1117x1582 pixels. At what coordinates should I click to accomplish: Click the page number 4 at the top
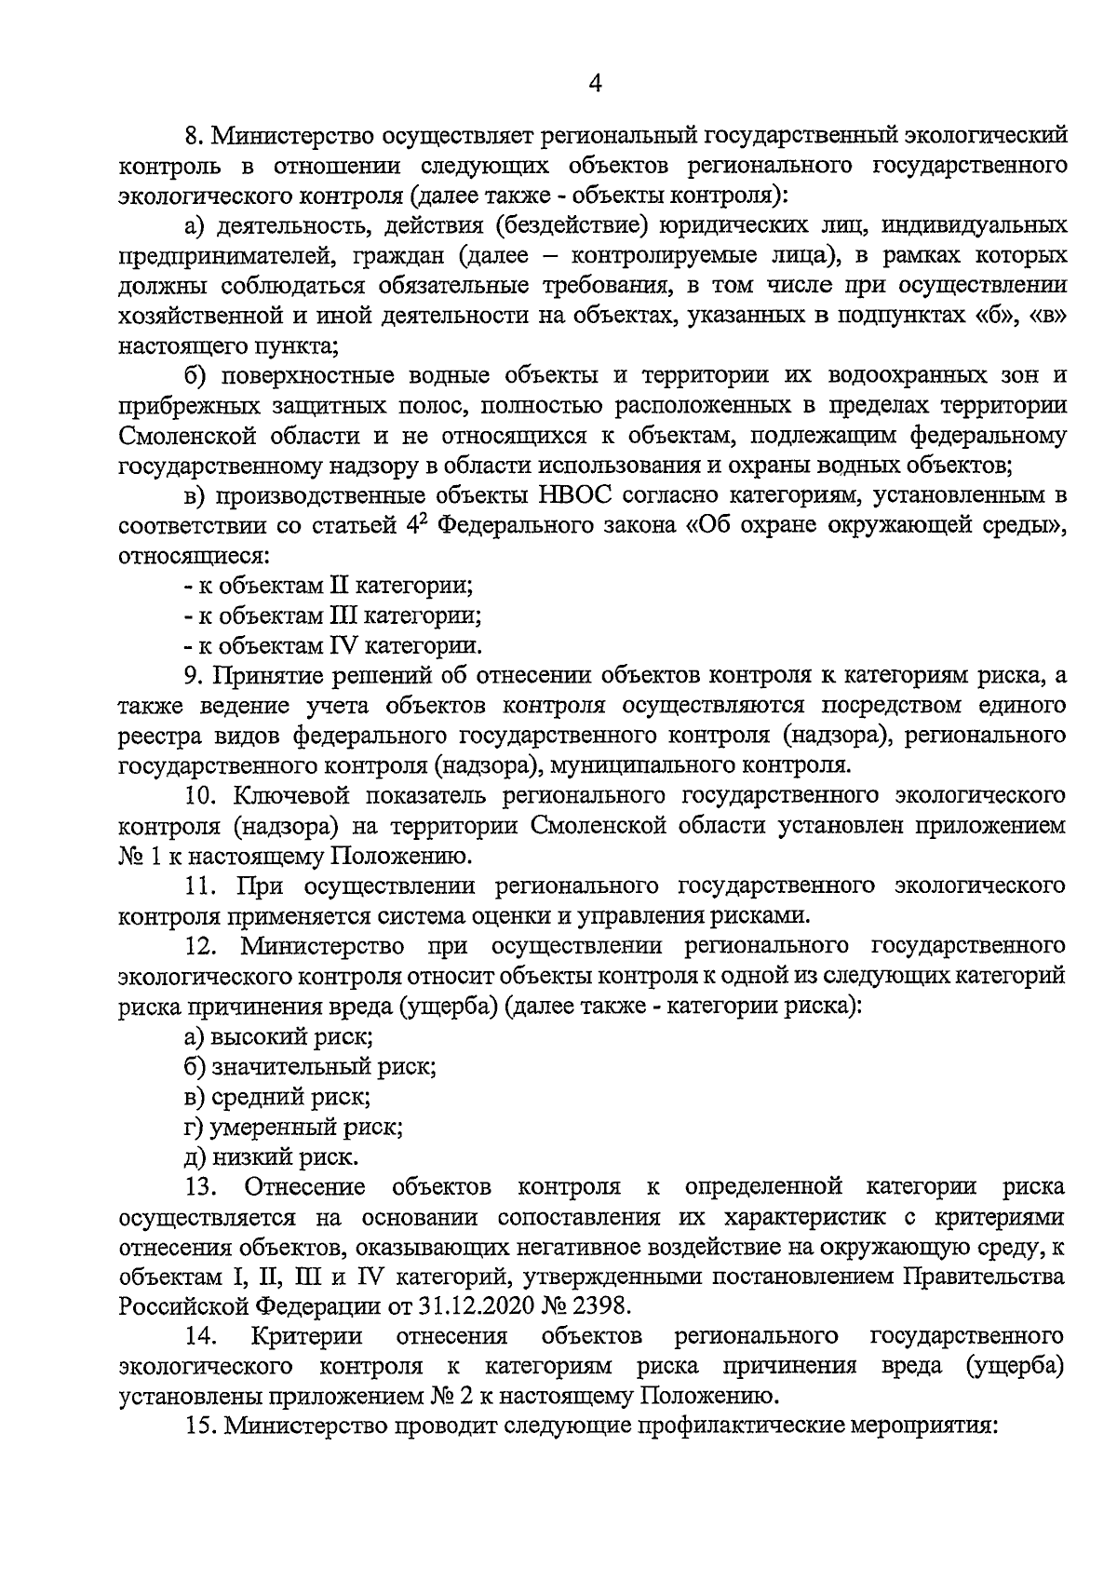(x=596, y=85)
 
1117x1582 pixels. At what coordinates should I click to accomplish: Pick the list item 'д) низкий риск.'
(x=271, y=1157)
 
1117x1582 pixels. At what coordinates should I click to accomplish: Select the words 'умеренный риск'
(x=306, y=1128)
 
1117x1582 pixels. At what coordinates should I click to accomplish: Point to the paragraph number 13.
(x=200, y=1187)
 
